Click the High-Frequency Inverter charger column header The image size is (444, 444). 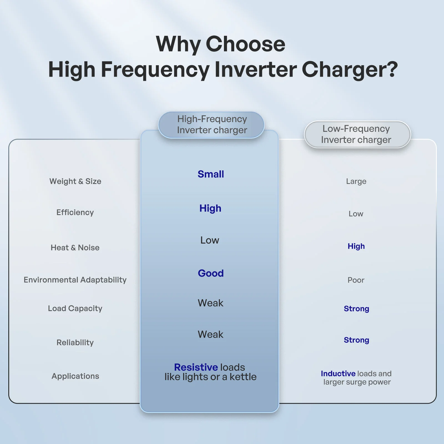tap(211, 125)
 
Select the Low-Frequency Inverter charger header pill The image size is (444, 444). tap(357, 134)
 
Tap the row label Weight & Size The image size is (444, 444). tap(75, 181)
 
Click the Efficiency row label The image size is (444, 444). tap(75, 212)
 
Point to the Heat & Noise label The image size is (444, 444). tap(75, 248)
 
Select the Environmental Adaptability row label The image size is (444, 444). tap(75, 280)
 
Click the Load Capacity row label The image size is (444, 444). tap(75, 308)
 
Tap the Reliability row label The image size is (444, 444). tap(75, 342)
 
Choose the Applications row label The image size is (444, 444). tap(75, 376)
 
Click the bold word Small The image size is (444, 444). tap(211, 174)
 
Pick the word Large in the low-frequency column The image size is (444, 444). tap(356, 181)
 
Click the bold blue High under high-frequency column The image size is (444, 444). tap(210, 208)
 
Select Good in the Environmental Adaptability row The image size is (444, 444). tap(211, 273)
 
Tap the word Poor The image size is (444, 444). tap(356, 280)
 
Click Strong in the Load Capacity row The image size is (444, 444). tap(356, 309)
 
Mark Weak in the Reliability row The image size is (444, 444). tap(210, 334)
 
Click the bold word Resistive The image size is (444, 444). tap(196, 367)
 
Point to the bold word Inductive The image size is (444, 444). tap(338, 374)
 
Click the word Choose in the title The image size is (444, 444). tap(245, 44)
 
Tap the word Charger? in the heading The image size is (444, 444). tap(350, 69)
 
